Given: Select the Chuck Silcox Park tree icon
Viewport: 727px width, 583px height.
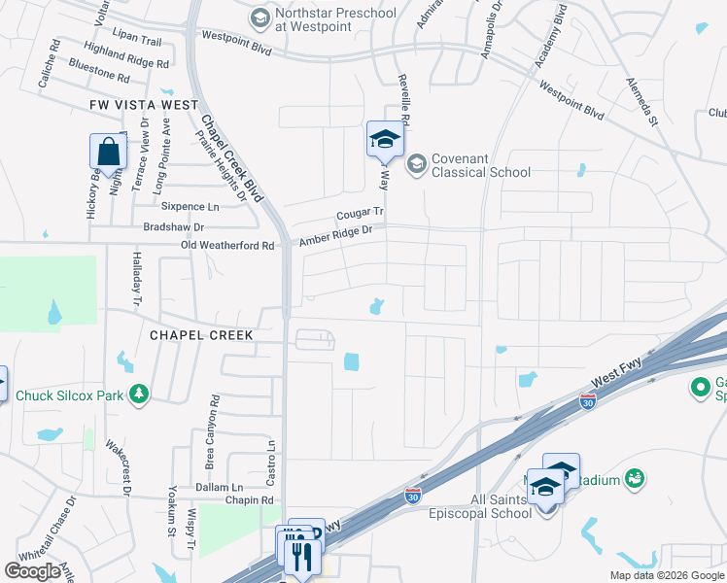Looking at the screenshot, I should (x=140, y=394).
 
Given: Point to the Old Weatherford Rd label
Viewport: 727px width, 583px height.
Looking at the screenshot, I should (x=227, y=247).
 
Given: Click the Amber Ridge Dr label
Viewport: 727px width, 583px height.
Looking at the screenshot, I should (x=336, y=233).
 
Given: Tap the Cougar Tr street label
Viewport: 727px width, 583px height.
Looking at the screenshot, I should (x=361, y=212).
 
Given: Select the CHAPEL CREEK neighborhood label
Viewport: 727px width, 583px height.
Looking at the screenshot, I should (x=201, y=335).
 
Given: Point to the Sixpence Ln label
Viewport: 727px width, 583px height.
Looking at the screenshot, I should (x=190, y=206).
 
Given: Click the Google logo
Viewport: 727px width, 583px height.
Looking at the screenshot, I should (x=33, y=571).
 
